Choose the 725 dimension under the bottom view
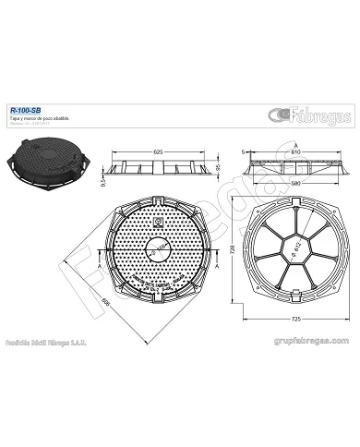tap(294, 318)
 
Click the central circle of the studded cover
tap(159, 249)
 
